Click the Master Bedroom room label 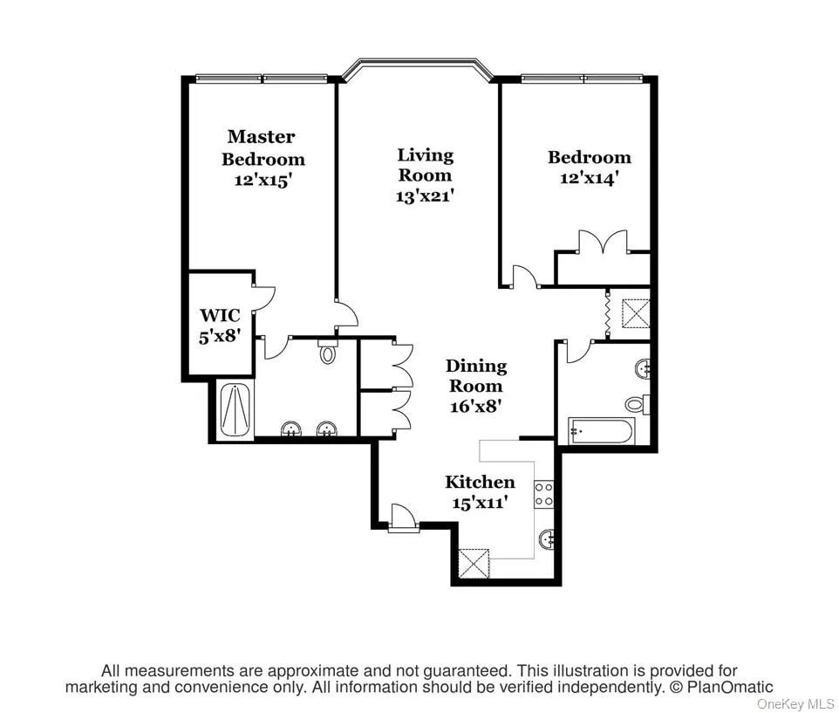click(x=263, y=147)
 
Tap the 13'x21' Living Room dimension click(x=425, y=196)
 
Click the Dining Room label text click(x=475, y=375)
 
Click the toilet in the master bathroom click(x=328, y=353)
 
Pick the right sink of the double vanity click(x=327, y=428)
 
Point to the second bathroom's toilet click(x=636, y=404)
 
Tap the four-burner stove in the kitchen click(x=544, y=495)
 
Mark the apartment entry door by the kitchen click(x=403, y=518)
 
